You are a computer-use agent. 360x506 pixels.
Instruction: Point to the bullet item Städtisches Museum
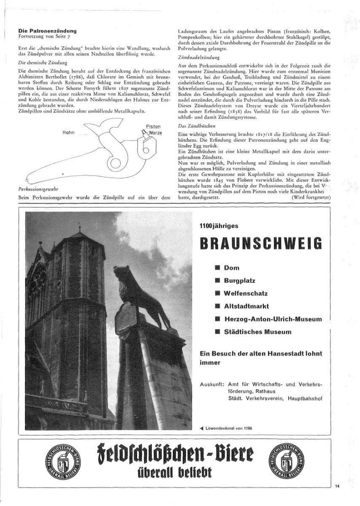257,332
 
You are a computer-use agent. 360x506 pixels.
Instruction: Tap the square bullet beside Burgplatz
217,280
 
